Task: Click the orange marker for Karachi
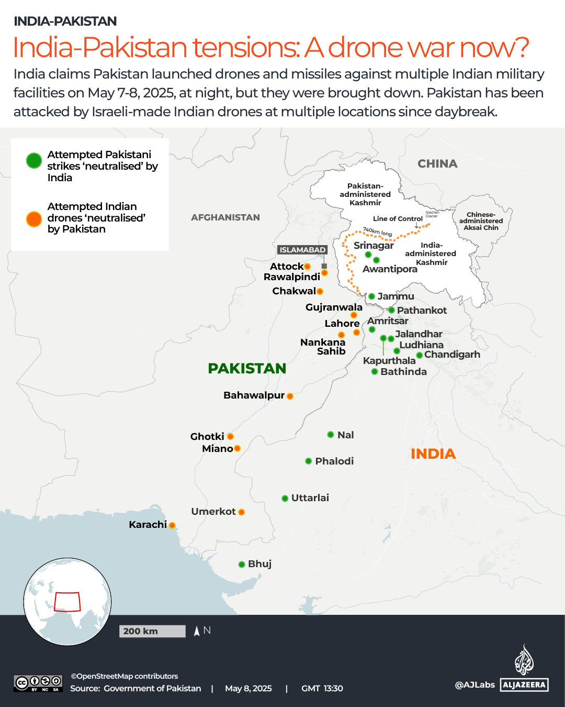click(x=172, y=525)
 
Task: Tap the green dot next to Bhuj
click(x=242, y=565)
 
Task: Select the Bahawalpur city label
click(x=254, y=395)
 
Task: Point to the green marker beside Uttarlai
click(x=285, y=498)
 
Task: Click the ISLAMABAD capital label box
click(x=302, y=250)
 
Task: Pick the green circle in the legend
click(x=34, y=161)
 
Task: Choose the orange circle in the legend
click(x=34, y=219)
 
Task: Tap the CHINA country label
click(x=437, y=164)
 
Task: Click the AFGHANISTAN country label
click(x=225, y=217)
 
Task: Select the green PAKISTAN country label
click(x=247, y=369)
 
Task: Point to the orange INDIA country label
click(x=433, y=454)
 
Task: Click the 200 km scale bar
click(x=152, y=631)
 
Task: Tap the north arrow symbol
click(x=197, y=631)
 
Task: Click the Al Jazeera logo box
click(x=524, y=684)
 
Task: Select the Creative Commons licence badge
click(x=38, y=683)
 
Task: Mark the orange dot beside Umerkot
click(x=242, y=512)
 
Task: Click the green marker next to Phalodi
click(x=309, y=461)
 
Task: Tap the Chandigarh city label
click(x=452, y=355)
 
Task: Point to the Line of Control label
click(x=398, y=219)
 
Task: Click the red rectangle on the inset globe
click(x=67, y=602)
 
